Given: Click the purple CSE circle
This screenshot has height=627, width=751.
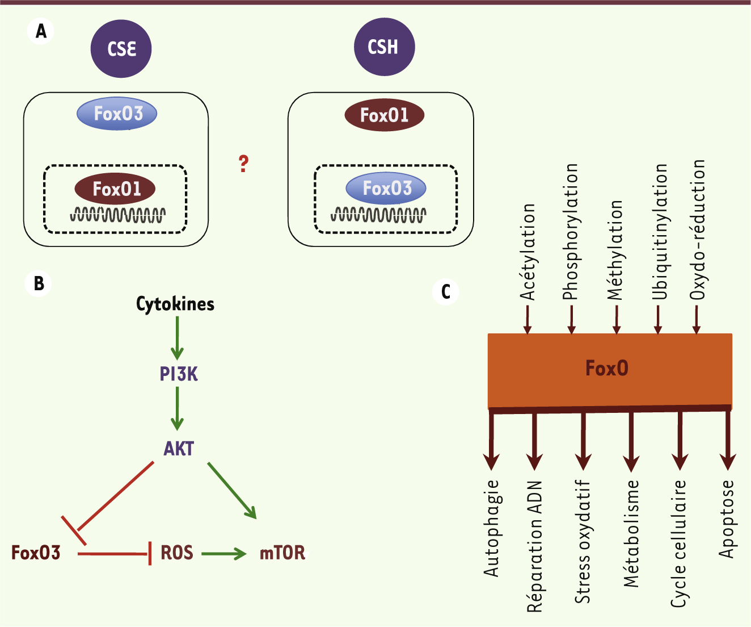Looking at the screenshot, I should [121, 48].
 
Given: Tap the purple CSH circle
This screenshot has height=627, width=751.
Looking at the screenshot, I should [384, 47].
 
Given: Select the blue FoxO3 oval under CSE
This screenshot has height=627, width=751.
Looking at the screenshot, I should [117, 114].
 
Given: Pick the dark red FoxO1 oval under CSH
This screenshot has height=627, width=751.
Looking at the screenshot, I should [385, 115].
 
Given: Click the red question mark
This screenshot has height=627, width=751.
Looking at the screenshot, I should [243, 164].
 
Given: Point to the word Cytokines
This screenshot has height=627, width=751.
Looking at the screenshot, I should [175, 304].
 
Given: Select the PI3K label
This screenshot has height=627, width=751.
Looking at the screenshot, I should [179, 374].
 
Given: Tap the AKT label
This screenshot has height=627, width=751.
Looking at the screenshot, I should [179, 449].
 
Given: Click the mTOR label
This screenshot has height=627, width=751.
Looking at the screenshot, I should [282, 553].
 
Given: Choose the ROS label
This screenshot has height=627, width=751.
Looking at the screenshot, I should [176, 553].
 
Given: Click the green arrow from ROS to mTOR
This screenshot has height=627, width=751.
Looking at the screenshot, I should [223, 553].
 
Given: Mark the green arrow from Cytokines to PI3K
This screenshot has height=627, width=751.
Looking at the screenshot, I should [178, 338].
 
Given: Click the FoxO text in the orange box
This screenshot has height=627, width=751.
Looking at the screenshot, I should [607, 369].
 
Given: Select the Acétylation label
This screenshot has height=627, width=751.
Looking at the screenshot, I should [528, 252].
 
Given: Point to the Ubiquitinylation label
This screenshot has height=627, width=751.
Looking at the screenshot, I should [659, 231].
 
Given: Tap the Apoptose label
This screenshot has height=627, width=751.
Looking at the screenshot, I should [727, 519].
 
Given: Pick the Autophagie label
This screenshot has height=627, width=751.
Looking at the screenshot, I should [491, 528].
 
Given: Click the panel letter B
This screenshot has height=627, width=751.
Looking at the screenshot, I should [39, 283].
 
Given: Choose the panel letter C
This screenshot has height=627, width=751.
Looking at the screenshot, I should [446, 291].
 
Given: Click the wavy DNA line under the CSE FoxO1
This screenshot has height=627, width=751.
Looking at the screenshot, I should [118, 215].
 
